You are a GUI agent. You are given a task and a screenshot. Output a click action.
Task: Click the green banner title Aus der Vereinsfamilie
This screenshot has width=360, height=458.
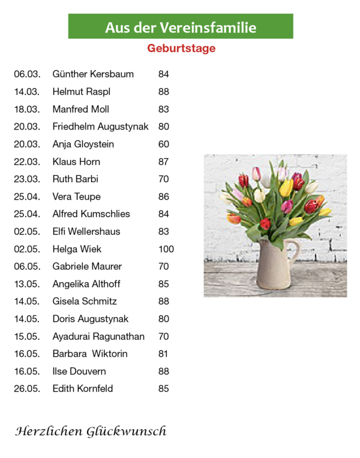181,27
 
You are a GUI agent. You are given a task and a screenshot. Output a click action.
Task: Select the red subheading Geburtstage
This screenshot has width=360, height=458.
181,49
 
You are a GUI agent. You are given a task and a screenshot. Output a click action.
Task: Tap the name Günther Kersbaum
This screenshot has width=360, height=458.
93,74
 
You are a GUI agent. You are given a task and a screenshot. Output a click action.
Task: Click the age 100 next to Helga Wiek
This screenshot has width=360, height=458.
166,249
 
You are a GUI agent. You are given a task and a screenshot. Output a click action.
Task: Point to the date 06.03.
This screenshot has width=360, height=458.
27,74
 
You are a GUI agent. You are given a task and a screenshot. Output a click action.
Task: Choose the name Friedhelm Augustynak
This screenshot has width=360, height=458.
100,126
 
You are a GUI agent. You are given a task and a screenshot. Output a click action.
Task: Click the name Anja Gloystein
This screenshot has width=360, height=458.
83,144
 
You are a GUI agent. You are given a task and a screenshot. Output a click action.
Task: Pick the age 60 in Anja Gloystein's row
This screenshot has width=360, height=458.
164,144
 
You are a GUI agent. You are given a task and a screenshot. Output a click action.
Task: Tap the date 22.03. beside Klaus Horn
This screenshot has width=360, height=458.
27,161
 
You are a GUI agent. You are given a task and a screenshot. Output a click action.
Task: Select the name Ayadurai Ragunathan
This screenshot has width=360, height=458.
98,336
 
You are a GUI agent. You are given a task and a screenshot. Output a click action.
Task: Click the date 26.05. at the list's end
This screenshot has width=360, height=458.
27,388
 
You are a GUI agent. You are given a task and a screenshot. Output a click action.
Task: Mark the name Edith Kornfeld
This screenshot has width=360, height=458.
82,388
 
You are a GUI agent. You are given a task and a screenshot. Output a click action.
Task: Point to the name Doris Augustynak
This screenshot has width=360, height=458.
90,319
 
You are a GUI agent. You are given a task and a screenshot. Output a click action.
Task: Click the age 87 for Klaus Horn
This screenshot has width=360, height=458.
164,161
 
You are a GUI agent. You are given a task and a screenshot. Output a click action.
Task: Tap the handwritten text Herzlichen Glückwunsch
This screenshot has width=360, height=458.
91,431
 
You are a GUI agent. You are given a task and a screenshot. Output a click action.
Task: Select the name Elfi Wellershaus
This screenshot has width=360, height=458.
86,231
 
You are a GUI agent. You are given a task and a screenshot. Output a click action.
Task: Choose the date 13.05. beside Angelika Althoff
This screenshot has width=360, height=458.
27,284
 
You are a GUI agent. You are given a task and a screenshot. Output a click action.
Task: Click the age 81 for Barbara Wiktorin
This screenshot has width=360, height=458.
163,354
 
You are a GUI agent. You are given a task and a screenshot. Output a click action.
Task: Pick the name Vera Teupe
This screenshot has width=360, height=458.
76,197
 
